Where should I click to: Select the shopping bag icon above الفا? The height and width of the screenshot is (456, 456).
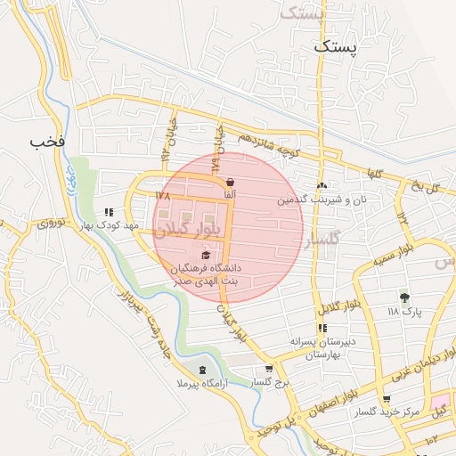point(231,182)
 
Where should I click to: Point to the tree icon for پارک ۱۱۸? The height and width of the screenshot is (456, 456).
point(405,297)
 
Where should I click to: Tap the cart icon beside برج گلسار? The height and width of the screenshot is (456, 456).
point(269,370)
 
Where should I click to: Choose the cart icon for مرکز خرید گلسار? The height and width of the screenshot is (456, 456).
point(386,400)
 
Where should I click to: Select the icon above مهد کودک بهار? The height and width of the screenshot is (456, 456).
point(109,213)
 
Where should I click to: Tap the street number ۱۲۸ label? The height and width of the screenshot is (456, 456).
point(161,193)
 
